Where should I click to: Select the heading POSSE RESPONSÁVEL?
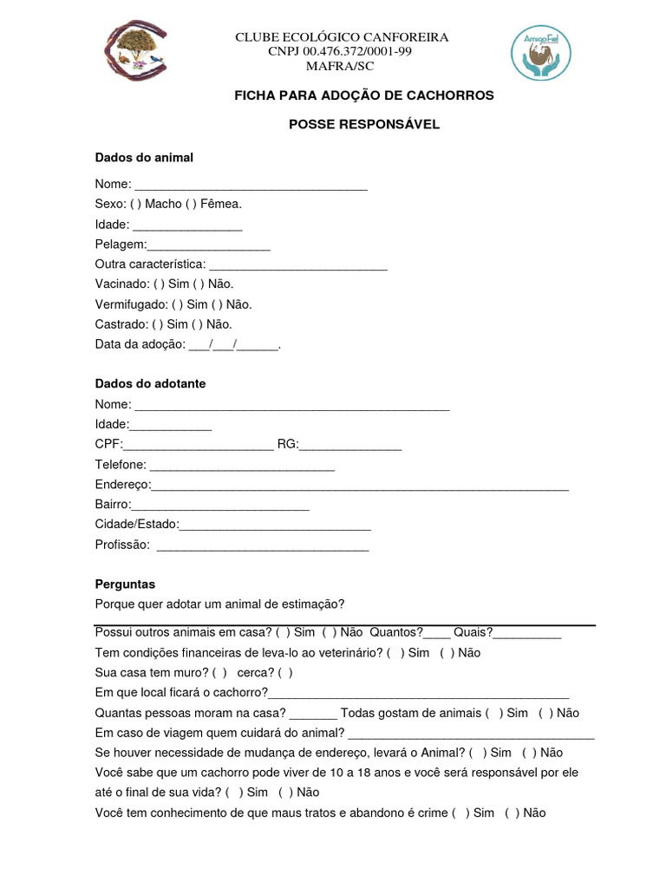pos(364,124)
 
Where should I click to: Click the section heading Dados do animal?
pos(144,157)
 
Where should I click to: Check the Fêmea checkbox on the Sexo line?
pos(190,204)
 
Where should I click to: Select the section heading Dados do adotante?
pos(150,383)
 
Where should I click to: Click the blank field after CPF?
pos(199,446)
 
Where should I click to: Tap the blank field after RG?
pos(350,446)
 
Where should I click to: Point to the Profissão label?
pos(122,545)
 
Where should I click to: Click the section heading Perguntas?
pos(125,584)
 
